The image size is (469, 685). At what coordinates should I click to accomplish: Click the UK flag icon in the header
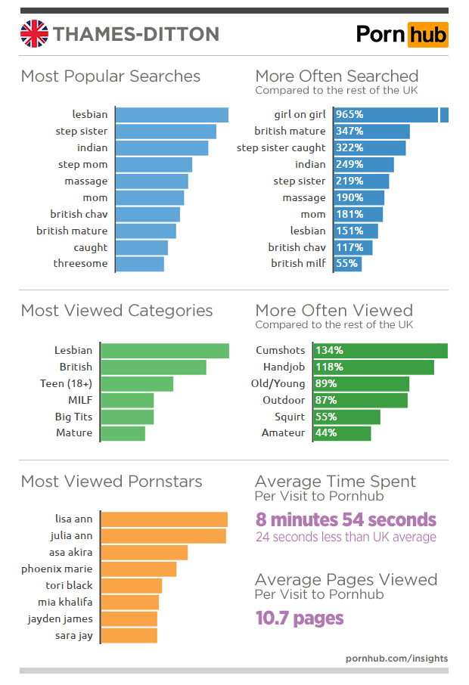pyautogui.click(x=33, y=34)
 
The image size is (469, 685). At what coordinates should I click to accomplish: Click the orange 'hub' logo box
pyautogui.click(x=427, y=34)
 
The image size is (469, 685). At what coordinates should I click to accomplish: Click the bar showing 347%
pyautogui.click(x=371, y=132)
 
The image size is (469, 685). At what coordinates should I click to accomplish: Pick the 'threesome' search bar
pyautogui.click(x=141, y=264)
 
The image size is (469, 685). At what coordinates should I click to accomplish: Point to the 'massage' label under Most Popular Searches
pyautogui.click(x=92, y=181)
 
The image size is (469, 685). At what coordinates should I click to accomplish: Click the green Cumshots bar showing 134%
pyautogui.click(x=390, y=351)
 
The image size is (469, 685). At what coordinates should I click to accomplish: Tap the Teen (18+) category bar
pyautogui.click(x=137, y=383)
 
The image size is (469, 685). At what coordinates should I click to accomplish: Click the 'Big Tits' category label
pyautogui.click(x=73, y=417)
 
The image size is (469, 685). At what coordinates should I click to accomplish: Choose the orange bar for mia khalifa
pyautogui.click(x=129, y=602)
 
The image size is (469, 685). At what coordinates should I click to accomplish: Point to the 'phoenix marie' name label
pyautogui.click(x=57, y=569)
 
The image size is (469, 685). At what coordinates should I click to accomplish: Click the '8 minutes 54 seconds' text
pyautogui.click(x=346, y=519)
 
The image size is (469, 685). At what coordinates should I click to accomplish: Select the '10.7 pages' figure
pyautogui.click(x=299, y=618)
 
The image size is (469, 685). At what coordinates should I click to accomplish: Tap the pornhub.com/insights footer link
pyautogui.click(x=396, y=658)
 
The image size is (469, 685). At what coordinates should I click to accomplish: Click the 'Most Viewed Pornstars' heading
pyautogui.click(x=111, y=482)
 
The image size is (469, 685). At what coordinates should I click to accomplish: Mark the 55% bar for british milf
pyautogui.click(x=347, y=264)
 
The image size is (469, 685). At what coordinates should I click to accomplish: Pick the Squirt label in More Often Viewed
pyautogui.click(x=290, y=417)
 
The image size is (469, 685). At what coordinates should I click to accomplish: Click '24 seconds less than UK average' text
pyautogui.click(x=346, y=538)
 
